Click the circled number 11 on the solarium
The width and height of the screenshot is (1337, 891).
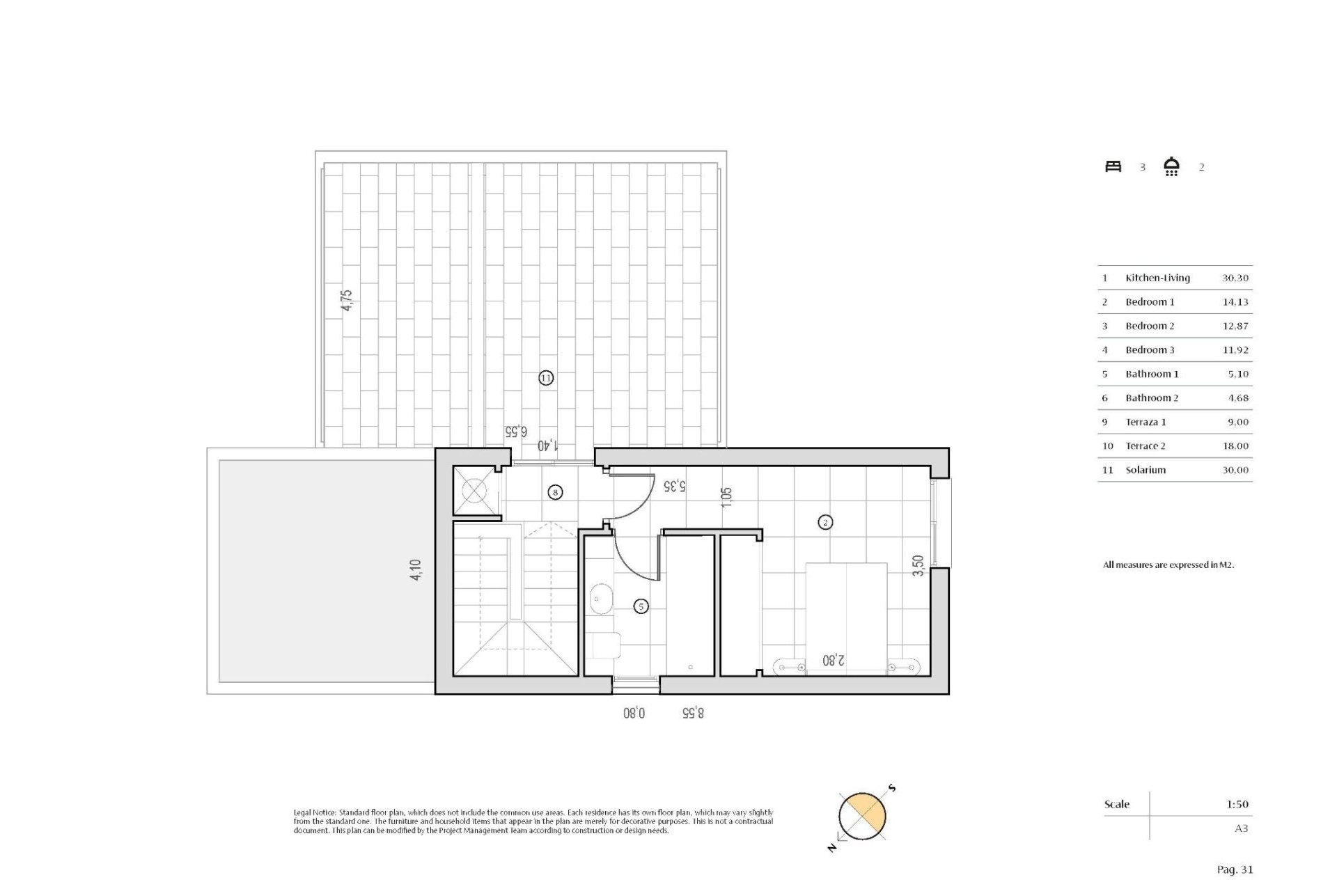[546, 378]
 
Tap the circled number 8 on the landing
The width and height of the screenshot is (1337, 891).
[555, 492]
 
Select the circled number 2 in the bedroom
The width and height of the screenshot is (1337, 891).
[825, 522]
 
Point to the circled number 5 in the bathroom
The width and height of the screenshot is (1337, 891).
[641, 606]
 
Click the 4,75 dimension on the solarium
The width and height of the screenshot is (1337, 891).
[347, 300]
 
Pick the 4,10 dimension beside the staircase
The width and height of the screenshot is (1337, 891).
[416, 570]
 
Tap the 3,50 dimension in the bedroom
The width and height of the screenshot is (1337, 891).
[918, 565]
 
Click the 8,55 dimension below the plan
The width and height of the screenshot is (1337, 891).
[692, 713]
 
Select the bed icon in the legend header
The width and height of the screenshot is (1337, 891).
[1113, 166]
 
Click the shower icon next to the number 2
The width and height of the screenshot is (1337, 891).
[1171, 166]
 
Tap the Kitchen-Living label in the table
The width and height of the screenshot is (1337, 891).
[1157, 278]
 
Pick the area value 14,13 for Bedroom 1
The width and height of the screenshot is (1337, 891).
[1235, 302]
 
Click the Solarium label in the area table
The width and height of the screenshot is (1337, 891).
[1146, 470]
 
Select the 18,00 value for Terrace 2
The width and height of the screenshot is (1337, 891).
[1235, 446]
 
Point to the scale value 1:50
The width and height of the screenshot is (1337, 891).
[1237, 804]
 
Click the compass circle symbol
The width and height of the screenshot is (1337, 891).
[862, 817]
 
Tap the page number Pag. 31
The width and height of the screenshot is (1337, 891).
[1235, 869]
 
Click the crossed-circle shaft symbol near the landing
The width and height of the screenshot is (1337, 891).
[474, 491]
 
